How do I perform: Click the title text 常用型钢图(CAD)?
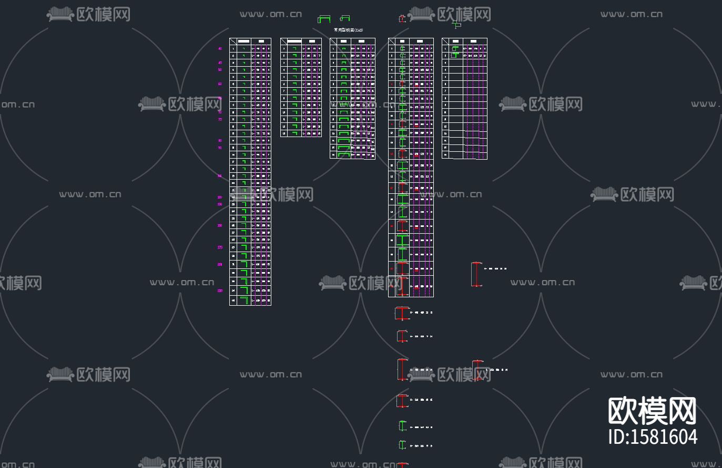click(x=348, y=30)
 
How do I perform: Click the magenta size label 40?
click(x=220, y=49)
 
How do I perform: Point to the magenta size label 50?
click(x=220, y=70)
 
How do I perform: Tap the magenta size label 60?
click(x=220, y=84)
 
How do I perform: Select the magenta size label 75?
click(x=220, y=120)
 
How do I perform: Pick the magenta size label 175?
click(x=220, y=247)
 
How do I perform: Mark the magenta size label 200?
click(x=220, y=265)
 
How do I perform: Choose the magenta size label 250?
click(x=220, y=290)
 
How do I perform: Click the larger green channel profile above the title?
click(x=324, y=19)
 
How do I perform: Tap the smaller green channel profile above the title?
click(x=345, y=18)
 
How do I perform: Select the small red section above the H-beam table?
click(x=402, y=19)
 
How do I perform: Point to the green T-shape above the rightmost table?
click(x=456, y=24)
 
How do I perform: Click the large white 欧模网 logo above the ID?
click(x=653, y=411)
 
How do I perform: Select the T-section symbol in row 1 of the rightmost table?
click(x=455, y=49)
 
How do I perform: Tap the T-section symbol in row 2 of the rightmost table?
click(x=455, y=55)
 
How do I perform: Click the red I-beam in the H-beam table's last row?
click(x=402, y=286)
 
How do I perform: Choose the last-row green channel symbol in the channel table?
click(x=344, y=155)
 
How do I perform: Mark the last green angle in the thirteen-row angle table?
click(x=295, y=133)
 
